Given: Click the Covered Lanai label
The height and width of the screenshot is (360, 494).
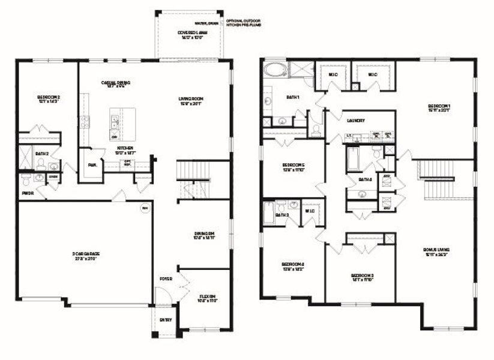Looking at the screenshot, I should [x=193, y=35].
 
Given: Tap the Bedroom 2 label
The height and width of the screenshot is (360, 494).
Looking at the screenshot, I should [x=48, y=99].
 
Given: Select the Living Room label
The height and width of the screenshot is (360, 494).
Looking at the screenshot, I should [x=191, y=101].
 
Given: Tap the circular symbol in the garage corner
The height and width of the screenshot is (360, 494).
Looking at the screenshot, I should [x=145, y=208].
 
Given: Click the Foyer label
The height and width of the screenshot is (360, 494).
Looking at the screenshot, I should [x=165, y=279].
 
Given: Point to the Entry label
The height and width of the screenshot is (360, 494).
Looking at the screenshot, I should [x=166, y=320].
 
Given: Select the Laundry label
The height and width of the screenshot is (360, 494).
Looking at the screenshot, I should [x=356, y=120].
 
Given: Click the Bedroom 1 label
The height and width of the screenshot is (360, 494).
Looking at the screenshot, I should [x=439, y=108].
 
